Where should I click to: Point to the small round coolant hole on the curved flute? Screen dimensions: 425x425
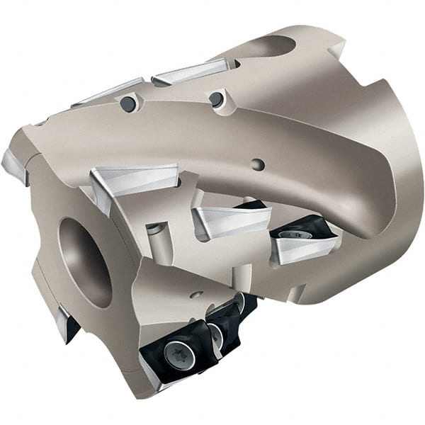click(259, 164)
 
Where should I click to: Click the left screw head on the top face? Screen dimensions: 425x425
click(128, 104)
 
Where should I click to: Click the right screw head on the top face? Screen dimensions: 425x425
click(216, 98)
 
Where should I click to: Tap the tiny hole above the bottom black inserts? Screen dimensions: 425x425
click(198, 294)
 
